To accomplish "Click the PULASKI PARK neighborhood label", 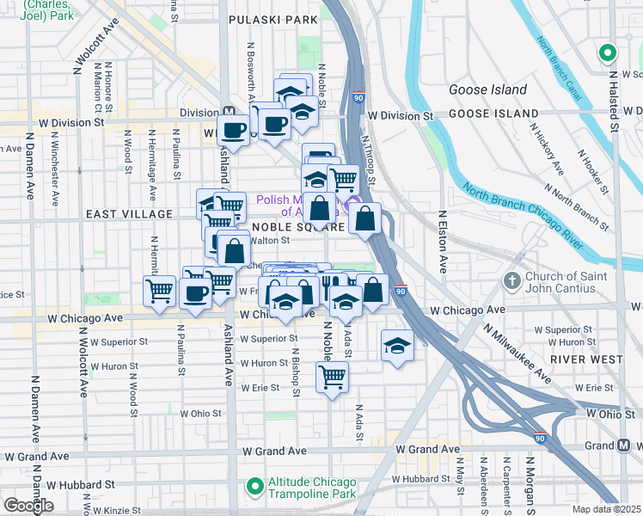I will click(x=273, y=18).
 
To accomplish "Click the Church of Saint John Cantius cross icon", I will click(x=511, y=280).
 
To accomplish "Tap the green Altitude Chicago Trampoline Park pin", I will click(x=254, y=487).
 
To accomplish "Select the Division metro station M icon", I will click(x=230, y=112).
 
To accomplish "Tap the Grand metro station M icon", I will click(x=627, y=445).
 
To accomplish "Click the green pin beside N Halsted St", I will click(x=607, y=53).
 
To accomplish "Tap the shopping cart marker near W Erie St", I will click(x=332, y=376).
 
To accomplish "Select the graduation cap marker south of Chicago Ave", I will click(x=396, y=345).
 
